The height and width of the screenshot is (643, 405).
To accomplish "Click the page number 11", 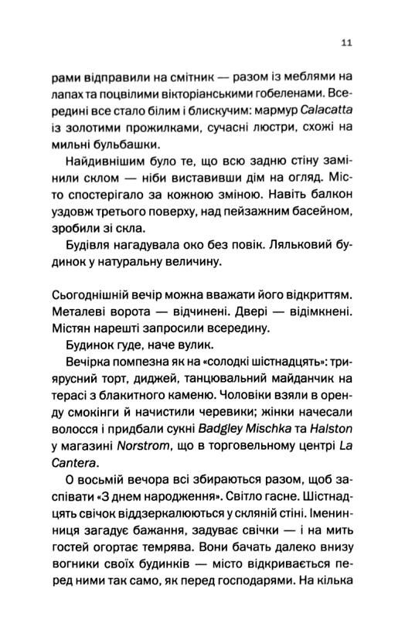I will click(x=346, y=43).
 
